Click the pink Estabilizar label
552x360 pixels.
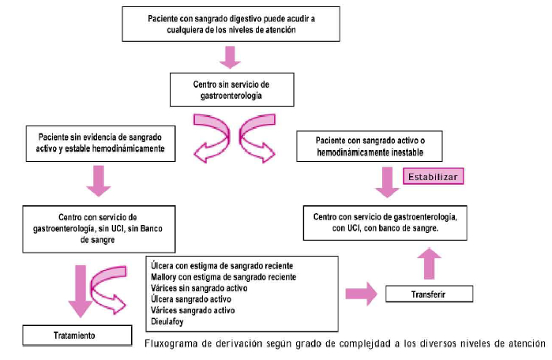pyautogui.click(x=433, y=176)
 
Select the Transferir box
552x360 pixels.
pyautogui.click(x=429, y=294)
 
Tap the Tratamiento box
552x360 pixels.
pyautogui.click(x=77, y=336)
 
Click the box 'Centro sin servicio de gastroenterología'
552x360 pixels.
pyautogui.click(x=231, y=90)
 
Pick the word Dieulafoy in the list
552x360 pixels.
pyautogui.click(x=167, y=321)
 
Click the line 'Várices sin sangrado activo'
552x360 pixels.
pyautogui.click(x=199, y=288)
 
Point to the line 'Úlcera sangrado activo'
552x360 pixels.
pyautogui.click(x=191, y=299)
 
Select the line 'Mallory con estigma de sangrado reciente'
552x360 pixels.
pyautogui.click(x=223, y=277)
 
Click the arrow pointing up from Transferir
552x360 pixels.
pyautogui.click(x=429, y=263)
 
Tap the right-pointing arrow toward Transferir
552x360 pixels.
pyautogui.click(x=362, y=294)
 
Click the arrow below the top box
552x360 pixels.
pyautogui.click(x=230, y=57)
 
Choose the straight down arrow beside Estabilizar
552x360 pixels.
pyautogui.click(x=387, y=182)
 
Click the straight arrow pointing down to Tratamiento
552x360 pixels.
pyautogui.click(x=81, y=291)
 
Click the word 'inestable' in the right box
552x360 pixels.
pyautogui.click(x=404, y=152)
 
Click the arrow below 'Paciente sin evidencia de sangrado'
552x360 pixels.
pyautogui.click(x=99, y=181)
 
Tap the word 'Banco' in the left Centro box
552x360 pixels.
pyautogui.click(x=152, y=229)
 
